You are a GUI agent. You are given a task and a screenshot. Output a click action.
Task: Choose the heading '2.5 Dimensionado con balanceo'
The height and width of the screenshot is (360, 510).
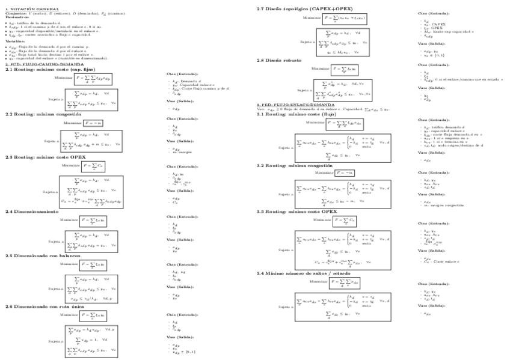(40, 255)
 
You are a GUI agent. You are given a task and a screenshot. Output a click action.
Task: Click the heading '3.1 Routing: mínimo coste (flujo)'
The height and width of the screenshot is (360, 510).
(296, 114)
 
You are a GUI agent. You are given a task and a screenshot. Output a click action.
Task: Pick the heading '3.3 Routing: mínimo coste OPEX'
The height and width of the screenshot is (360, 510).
(296, 212)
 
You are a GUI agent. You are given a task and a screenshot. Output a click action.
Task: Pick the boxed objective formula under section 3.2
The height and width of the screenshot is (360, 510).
(345, 172)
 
